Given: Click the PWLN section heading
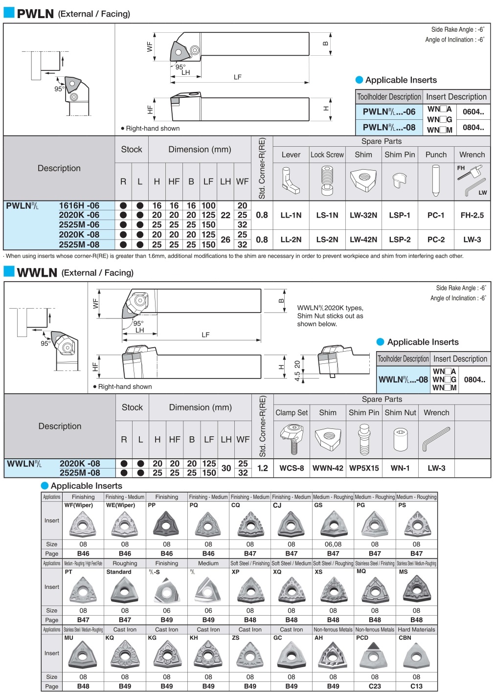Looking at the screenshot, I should coord(35,14).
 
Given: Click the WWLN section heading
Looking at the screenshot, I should coord(37,272).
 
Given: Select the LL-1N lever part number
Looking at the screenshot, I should coord(291,215).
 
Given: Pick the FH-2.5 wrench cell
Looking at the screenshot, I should coord(472,215).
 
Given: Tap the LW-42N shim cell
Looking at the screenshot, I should coord(363,240).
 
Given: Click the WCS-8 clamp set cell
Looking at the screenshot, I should coord(292,468).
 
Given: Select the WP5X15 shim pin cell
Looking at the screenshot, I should coord(364,468).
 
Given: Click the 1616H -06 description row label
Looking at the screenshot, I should coord(79,206).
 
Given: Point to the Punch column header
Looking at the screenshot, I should coord(436,155).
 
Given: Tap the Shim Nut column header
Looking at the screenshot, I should coord(400,413).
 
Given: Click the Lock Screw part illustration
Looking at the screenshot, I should coord(327,181).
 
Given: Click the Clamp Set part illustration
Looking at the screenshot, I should coord(292,439).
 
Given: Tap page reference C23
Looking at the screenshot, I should coord(375,686).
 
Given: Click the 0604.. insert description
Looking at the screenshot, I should coord(473,112).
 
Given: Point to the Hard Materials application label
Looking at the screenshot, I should coord(416,629).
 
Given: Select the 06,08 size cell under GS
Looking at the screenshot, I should coord(333,544).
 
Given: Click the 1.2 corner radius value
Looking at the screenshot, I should coord(263,468).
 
